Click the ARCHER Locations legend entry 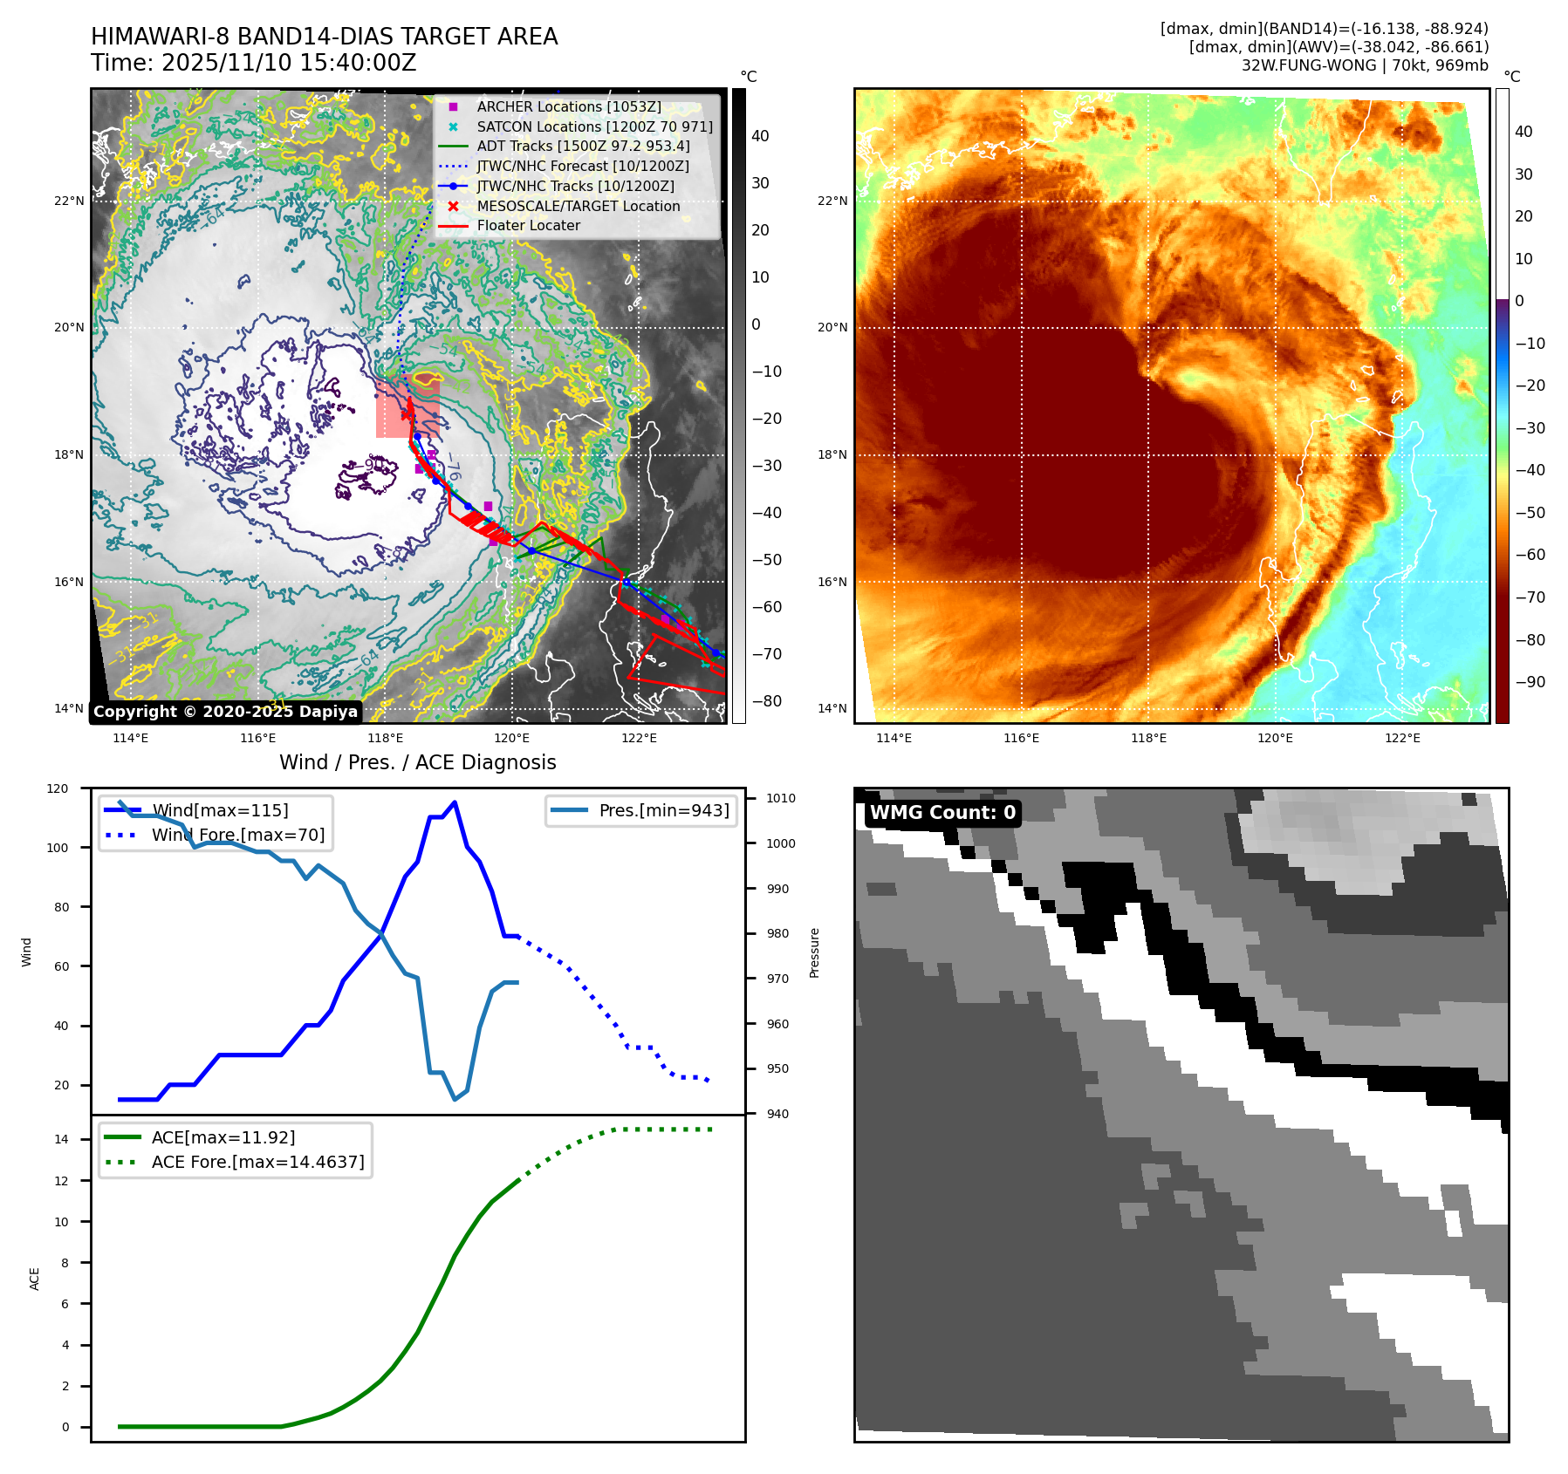pyautogui.click(x=568, y=106)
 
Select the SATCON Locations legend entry pyautogui.click(x=594, y=126)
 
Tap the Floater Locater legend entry pyautogui.click(x=528, y=225)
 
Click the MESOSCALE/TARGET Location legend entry pyautogui.click(x=578, y=206)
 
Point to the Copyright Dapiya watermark pyautogui.click(x=225, y=712)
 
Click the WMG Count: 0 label pyautogui.click(x=942, y=813)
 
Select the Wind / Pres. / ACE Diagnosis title pyautogui.click(x=417, y=762)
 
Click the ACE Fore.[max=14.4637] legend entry pyautogui.click(x=257, y=1162)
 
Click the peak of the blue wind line pyautogui.click(x=455, y=802)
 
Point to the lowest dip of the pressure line pyautogui.click(x=455, y=1099)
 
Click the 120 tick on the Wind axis pyautogui.click(x=58, y=788)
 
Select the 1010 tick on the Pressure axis pyautogui.click(x=781, y=798)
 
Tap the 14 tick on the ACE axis pyautogui.click(x=62, y=1139)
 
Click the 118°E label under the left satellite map pyautogui.click(x=385, y=738)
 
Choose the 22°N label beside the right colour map pyautogui.click(x=832, y=201)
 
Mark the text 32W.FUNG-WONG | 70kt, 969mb pyautogui.click(x=1365, y=65)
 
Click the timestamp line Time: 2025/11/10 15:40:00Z pyautogui.click(x=253, y=63)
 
